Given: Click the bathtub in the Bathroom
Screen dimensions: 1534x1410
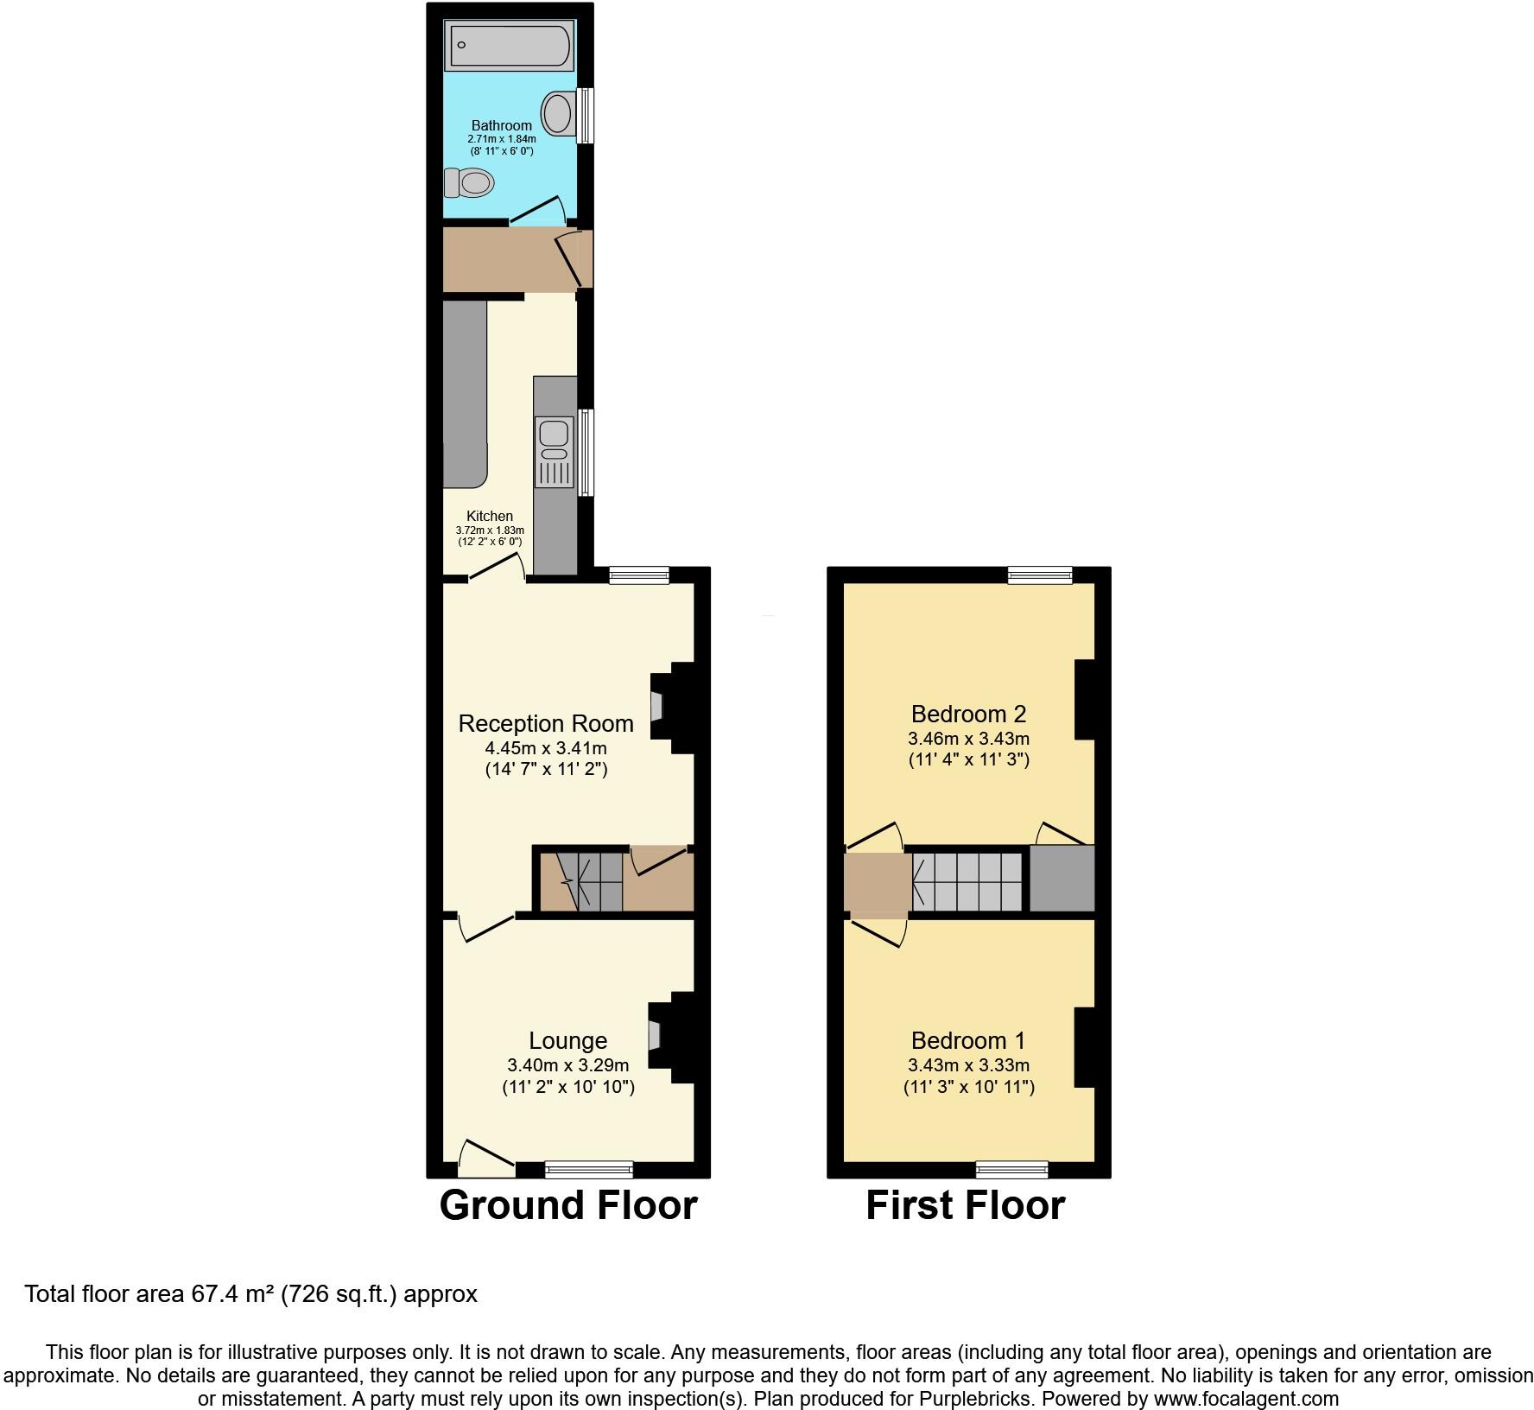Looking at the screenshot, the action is tap(510, 45).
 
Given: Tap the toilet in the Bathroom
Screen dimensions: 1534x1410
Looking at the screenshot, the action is tap(469, 182).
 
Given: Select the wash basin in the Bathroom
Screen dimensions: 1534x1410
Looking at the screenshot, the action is tap(558, 113).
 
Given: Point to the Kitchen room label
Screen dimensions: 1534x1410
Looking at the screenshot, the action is tap(490, 516).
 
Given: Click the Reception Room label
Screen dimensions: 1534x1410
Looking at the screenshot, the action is tap(546, 723).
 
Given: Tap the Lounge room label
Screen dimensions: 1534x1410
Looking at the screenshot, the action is tap(568, 1041).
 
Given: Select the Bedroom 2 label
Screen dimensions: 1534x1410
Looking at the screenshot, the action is tap(969, 714).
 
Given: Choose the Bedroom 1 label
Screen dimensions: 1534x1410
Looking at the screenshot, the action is tap(969, 1040).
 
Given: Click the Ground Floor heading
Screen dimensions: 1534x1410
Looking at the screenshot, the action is tap(568, 1205).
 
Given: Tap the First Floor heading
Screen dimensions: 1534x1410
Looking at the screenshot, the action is tap(966, 1205).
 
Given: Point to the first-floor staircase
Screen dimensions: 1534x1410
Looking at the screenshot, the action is tap(968, 882).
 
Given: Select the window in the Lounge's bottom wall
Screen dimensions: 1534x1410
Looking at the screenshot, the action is tap(589, 1170).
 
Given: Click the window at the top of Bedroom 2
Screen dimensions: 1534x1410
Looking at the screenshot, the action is tap(1041, 575).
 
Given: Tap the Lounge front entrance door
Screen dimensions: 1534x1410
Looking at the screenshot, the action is tap(485, 1158).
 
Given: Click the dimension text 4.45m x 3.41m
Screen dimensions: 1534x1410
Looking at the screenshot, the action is tap(546, 748).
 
